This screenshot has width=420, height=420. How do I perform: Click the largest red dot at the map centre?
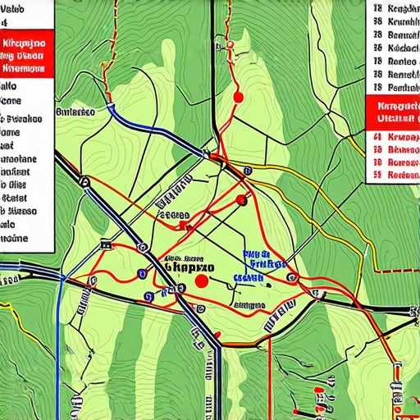201,281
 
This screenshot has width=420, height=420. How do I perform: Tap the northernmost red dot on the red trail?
239,97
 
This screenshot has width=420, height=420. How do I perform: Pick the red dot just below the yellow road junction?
241,199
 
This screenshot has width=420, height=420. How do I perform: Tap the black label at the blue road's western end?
75,111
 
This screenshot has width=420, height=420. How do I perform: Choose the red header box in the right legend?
391,112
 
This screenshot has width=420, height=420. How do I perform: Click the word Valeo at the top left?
15,9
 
